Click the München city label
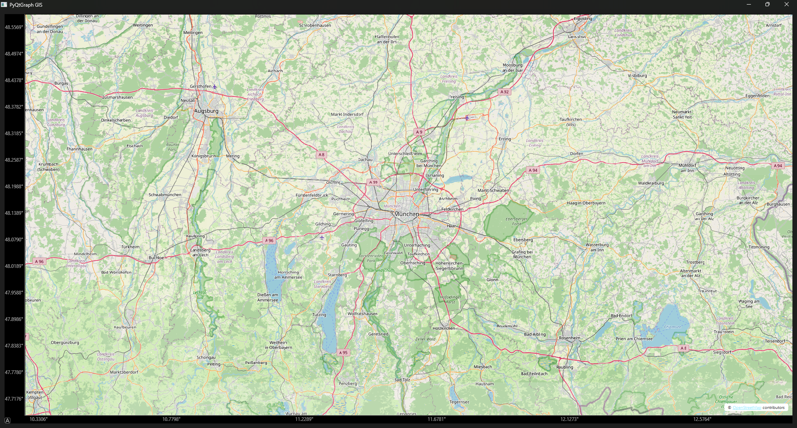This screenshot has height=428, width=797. tap(406, 214)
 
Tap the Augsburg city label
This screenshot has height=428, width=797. tap(206, 111)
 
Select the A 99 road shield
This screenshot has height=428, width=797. tap(373, 182)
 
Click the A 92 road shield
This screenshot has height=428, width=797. tap(504, 92)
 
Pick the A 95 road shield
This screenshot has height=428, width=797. tap(343, 353)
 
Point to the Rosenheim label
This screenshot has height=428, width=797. tap(570, 338)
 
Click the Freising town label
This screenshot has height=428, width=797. tap(457, 97)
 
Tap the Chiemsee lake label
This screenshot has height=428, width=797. tap(672, 327)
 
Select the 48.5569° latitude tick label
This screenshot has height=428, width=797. tap(14, 27)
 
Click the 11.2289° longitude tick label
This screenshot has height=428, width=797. tap(304, 419)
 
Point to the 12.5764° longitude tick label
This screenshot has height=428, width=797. tap(702, 419)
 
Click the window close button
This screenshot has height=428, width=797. tap(786, 5)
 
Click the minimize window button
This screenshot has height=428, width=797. tap(749, 5)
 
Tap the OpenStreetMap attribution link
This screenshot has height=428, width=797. tap(747, 408)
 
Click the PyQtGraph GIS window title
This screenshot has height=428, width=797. tap(26, 5)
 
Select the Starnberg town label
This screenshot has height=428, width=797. tap(337, 275)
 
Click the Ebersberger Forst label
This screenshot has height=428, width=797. tap(516, 221)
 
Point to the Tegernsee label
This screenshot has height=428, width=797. tap(459, 402)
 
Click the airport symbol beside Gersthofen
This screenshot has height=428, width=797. tap(215, 87)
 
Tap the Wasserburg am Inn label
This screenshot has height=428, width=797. tap(597, 247)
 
